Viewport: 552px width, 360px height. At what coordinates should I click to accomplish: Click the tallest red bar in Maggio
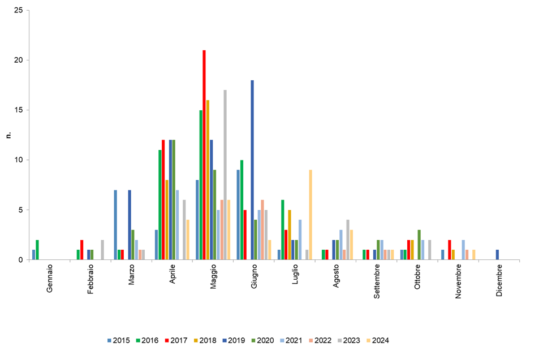(204, 155)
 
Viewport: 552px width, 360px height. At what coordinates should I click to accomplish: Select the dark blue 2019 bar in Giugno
(252, 170)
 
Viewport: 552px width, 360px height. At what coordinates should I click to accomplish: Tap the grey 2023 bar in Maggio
(225, 175)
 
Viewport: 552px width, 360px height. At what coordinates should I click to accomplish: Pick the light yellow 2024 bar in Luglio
(310, 215)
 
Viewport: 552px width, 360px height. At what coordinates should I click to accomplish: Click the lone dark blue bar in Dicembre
(497, 255)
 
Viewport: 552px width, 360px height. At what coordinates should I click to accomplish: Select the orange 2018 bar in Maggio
(208, 180)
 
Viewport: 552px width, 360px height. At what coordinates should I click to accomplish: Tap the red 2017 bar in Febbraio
(81, 250)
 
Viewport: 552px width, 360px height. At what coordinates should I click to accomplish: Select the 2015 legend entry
(118, 340)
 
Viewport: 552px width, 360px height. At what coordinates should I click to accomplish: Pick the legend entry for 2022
(320, 340)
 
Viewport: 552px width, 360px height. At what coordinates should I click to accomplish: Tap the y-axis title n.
(8, 135)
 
